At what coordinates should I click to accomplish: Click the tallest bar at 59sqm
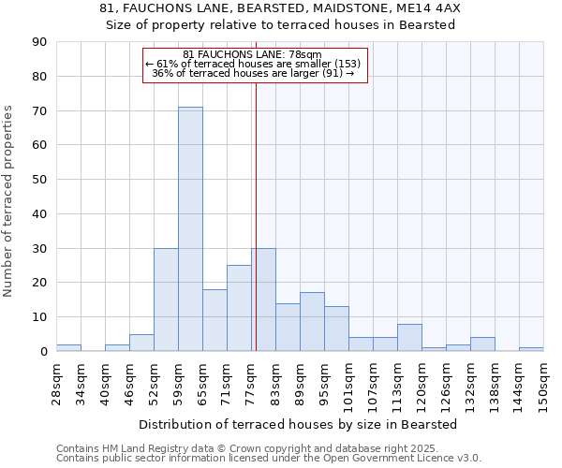point(190,229)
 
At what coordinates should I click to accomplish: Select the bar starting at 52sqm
point(166,300)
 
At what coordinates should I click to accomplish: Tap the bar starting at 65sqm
point(214,320)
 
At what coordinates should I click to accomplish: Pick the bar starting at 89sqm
point(312,322)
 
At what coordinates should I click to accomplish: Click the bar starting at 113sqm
point(409,338)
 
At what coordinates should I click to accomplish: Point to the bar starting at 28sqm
point(68,348)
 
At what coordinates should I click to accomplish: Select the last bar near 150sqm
point(531,349)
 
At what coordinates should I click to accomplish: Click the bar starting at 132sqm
point(482,344)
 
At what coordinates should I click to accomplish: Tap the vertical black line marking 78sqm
point(255,215)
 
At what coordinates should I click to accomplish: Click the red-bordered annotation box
point(255,65)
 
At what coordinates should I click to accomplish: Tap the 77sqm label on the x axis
point(251,382)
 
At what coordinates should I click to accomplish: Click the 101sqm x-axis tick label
point(348,384)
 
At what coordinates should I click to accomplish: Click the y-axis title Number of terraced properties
point(8,201)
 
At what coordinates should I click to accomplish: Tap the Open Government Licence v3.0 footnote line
point(269,459)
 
